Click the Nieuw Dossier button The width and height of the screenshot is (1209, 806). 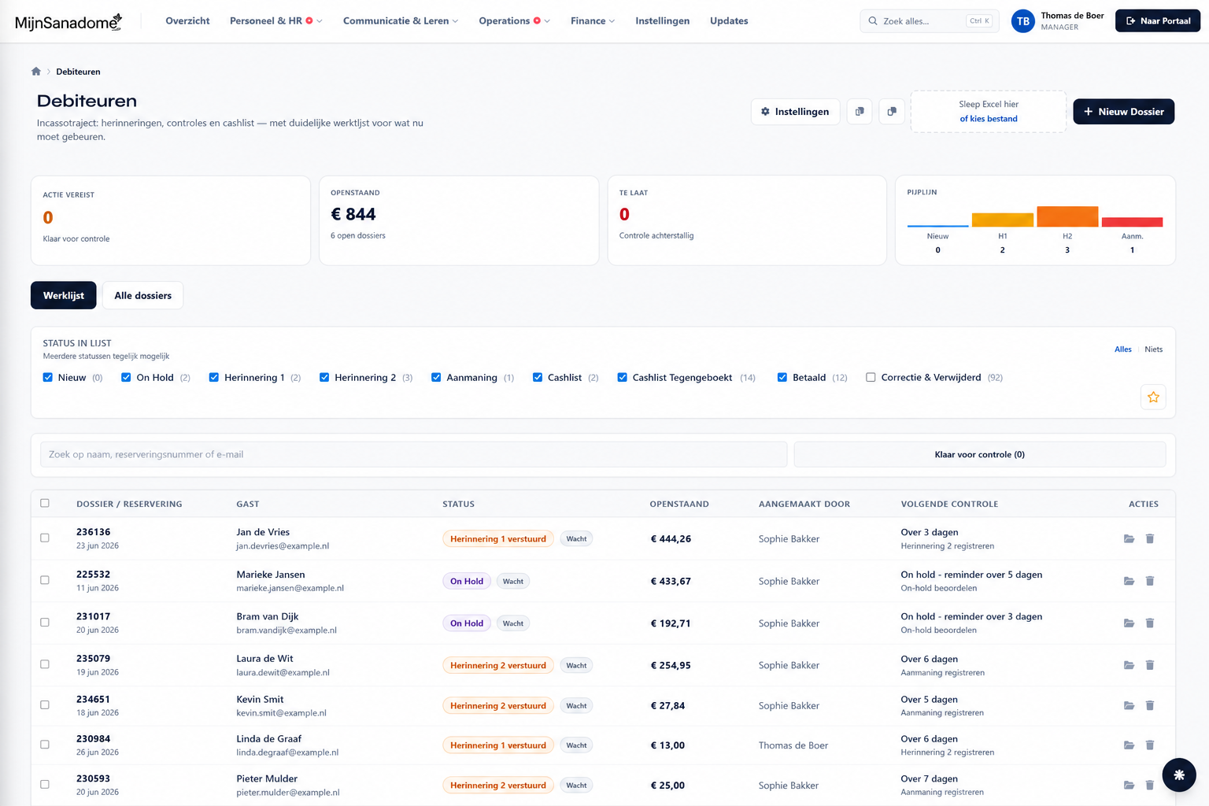[1123, 112]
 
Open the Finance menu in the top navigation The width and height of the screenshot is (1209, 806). [592, 21]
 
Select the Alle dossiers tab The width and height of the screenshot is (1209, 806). [142, 295]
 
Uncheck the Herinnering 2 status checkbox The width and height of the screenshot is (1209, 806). [324, 377]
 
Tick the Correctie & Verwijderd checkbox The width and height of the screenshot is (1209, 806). [871, 377]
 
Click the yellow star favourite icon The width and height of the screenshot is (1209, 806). [1153, 397]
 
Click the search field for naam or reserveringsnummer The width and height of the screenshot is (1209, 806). [413, 455]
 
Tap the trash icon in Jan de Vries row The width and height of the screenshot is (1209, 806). [1150, 538]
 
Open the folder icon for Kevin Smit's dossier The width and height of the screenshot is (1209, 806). [1129, 705]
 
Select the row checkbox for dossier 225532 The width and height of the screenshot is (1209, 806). [45, 580]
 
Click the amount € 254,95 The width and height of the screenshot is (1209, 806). [671, 665]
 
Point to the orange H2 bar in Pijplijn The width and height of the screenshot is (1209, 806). [1067, 216]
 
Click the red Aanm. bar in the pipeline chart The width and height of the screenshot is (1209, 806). [1132, 222]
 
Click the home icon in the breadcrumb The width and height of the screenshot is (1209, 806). [36, 72]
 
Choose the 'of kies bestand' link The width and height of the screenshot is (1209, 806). [989, 119]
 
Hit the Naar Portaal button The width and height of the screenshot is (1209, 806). [1157, 21]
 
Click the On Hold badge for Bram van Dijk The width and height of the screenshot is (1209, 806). [467, 623]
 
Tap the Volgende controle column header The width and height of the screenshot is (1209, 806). [949, 504]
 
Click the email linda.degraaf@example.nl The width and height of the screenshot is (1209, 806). [287, 752]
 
